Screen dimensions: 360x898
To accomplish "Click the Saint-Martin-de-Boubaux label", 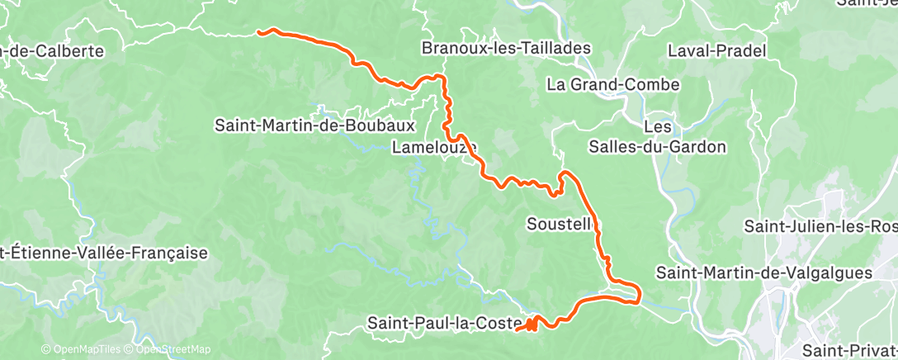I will tap(314, 126).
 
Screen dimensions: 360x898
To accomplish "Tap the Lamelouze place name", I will tap(434, 148).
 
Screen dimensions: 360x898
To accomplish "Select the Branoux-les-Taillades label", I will tap(507, 48).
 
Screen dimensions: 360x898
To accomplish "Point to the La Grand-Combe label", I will tap(612, 84).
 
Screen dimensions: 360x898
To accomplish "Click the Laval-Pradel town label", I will tap(716, 51).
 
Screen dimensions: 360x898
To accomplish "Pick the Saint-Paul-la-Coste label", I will tap(446, 322).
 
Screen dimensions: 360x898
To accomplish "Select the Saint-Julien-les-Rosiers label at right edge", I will tap(820, 225).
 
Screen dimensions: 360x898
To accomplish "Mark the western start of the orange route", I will tap(259, 32).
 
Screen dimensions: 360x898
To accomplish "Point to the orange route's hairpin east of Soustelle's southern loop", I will tap(636, 293).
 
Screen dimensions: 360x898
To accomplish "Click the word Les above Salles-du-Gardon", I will tap(658, 128).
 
